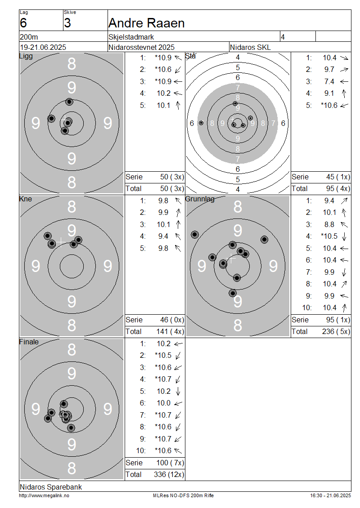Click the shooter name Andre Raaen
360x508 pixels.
click(x=146, y=23)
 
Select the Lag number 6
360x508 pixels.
click(x=23, y=23)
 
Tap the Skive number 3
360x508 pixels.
click(x=67, y=23)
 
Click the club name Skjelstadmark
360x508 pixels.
click(x=131, y=37)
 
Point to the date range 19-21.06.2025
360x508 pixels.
click(x=43, y=47)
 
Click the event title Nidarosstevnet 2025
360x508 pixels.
click(x=141, y=47)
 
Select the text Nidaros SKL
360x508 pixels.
click(x=250, y=47)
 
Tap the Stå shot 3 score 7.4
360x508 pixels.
click(x=329, y=82)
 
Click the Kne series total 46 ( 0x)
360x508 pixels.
click(x=172, y=320)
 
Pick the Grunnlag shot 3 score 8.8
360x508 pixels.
click(x=329, y=224)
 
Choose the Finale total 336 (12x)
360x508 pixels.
click(x=169, y=475)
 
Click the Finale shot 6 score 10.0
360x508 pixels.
click(x=163, y=403)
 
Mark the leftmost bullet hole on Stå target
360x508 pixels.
click(x=201, y=123)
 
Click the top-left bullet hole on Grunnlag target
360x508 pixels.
click(x=194, y=235)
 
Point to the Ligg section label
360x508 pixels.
click(x=26, y=56)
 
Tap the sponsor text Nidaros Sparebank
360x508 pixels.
click(x=50, y=487)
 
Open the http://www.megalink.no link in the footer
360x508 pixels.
click(x=44, y=496)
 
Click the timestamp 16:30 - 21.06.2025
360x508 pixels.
click(x=330, y=496)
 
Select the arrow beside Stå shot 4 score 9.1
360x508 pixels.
click(x=344, y=94)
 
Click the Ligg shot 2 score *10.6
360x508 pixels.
click(x=163, y=70)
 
